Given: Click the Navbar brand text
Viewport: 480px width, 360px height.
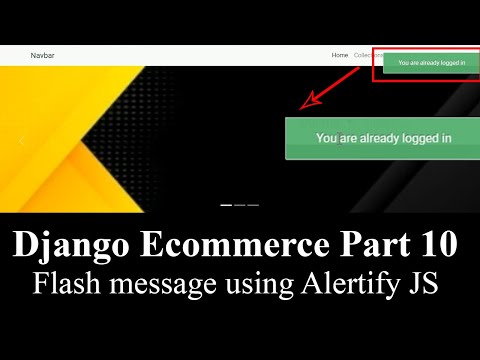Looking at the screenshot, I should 42,55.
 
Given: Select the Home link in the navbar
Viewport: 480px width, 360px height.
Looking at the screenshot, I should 340,55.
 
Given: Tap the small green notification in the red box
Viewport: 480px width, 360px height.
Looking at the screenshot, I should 431,63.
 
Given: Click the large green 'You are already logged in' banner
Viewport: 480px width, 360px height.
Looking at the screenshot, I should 382,138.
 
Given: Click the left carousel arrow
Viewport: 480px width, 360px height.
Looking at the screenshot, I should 22,141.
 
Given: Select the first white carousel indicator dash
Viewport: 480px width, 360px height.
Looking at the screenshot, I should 226,204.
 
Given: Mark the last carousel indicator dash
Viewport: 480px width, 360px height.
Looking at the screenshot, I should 253,204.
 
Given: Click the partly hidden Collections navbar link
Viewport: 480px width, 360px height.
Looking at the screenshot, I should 363,55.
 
